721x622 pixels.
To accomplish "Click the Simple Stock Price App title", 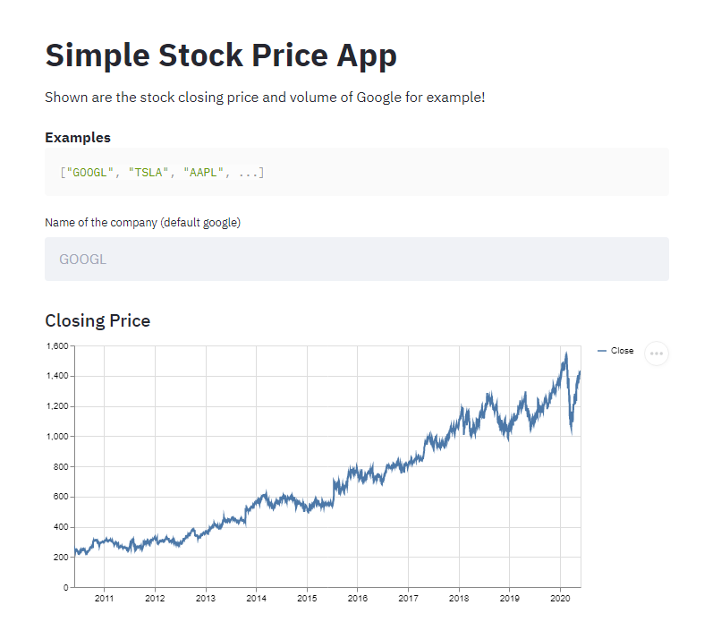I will click(x=221, y=55).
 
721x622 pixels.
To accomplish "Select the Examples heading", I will click(x=78, y=138).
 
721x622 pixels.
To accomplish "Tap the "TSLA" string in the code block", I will click(x=149, y=172).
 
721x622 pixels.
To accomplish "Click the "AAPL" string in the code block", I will click(x=204, y=172).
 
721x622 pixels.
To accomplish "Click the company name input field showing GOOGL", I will click(x=356, y=260).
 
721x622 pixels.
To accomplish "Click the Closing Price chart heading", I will click(x=98, y=320).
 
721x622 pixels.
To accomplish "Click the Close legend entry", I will click(x=622, y=351).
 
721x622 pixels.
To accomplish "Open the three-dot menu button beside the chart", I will click(x=657, y=354).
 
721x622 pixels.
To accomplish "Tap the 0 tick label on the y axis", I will click(x=65, y=588).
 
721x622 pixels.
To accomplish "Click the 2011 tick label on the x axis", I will click(x=104, y=598).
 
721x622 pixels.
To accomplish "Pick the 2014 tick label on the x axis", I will click(x=256, y=598).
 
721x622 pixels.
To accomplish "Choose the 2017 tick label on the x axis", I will click(x=408, y=598).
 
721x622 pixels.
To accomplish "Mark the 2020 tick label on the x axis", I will click(x=560, y=598).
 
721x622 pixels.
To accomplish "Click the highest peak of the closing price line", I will click(x=565, y=354).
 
